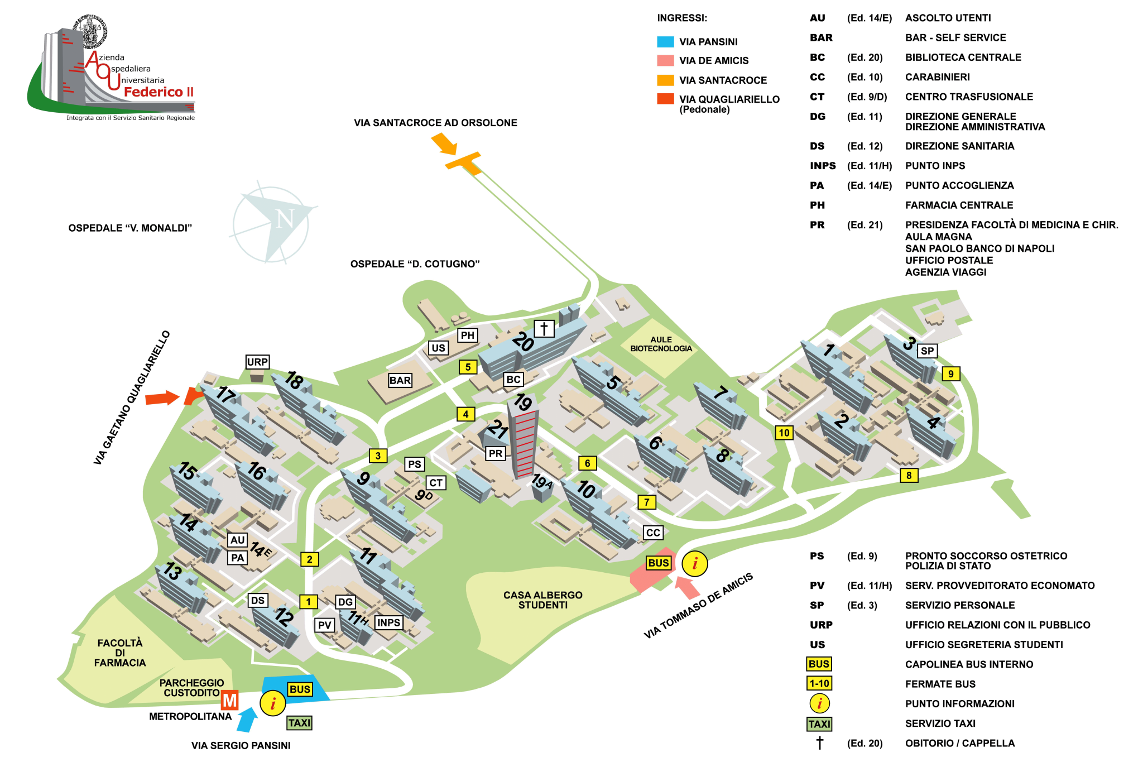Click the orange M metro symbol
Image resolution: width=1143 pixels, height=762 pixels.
pyautogui.click(x=229, y=700)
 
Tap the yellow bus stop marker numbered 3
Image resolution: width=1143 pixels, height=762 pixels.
pyautogui.click(x=378, y=456)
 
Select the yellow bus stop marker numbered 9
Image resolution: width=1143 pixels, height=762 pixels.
pyautogui.click(x=950, y=373)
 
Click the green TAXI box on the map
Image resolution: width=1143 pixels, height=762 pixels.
pyautogui.click(x=299, y=723)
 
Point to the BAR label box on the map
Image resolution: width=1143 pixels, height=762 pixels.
pyautogui.click(x=400, y=380)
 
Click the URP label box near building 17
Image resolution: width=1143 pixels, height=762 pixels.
pyautogui.click(x=257, y=362)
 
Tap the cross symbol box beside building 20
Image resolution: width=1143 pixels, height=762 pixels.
pyautogui.click(x=544, y=328)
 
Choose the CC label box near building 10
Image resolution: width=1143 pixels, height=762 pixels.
pyautogui.click(x=653, y=533)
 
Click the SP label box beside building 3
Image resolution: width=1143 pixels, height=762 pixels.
pyautogui.click(x=927, y=351)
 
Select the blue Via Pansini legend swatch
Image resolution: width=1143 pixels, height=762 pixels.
pyautogui.click(x=665, y=42)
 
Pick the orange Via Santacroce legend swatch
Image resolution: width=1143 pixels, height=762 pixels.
pyautogui.click(x=665, y=80)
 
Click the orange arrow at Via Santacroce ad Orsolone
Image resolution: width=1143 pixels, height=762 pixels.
pyautogui.click(x=444, y=143)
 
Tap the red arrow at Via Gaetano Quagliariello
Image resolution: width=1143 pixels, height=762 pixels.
pyautogui.click(x=162, y=398)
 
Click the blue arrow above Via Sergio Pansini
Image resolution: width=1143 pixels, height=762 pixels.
pyautogui.click(x=247, y=720)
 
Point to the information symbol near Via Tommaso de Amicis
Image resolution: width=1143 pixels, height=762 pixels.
pyautogui.click(x=695, y=564)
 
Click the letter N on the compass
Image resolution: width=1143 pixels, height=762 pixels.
pyautogui.click(x=285, y=218)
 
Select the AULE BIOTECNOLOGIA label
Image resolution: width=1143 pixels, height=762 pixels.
pyautogui.click(x=661, y=344)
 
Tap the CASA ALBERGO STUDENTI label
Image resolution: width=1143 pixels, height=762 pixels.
pyautogui.click(x=542, y=600)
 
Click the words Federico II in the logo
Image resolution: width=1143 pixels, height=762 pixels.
pyautogui.click(x=159, y=92)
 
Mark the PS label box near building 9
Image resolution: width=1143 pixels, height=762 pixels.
pyautogui.click(x=414, y=464)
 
